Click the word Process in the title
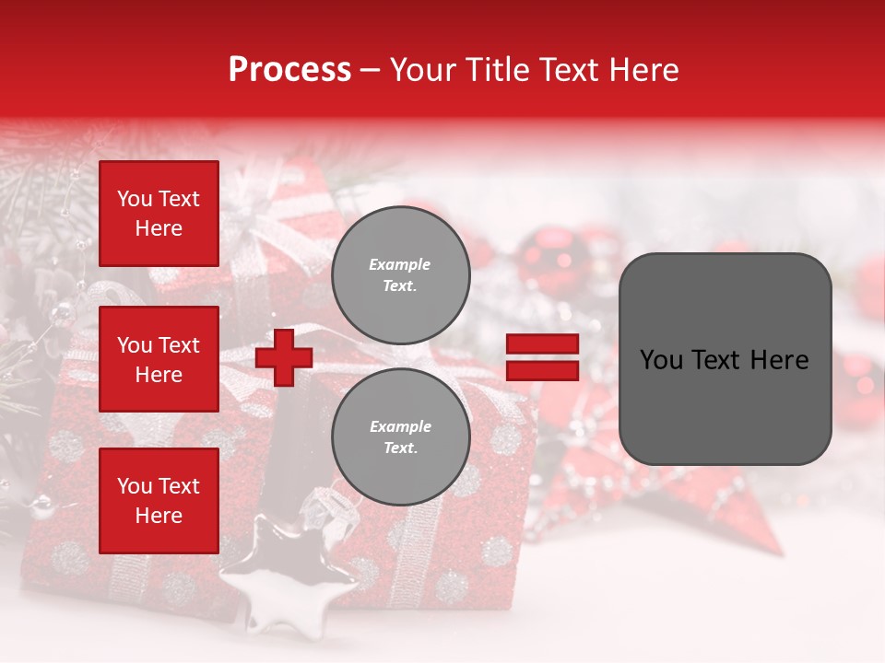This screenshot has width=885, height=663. click(289, 70)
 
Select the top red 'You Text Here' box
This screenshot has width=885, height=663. click(159, 214)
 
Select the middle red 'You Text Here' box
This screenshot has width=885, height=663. click(159, 359)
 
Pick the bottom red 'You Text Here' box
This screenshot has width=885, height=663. click(159, 501)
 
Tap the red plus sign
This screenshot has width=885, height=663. click(284, 357)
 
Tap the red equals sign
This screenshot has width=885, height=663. click(542, 357)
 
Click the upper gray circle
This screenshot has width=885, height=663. click(400, 275)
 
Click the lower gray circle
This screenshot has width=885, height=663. click(400, 437)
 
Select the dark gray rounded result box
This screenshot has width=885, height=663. click(725, 359)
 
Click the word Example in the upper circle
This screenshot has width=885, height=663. click(399, 264)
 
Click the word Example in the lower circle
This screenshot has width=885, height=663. click(400, 426)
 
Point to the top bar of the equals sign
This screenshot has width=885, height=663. click(542, 344)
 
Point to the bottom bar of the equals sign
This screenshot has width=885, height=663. click(542, 370)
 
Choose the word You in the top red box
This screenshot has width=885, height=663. click(135, 199)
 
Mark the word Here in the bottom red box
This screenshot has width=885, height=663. click(159, 516)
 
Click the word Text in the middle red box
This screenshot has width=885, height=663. click(178, 345)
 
